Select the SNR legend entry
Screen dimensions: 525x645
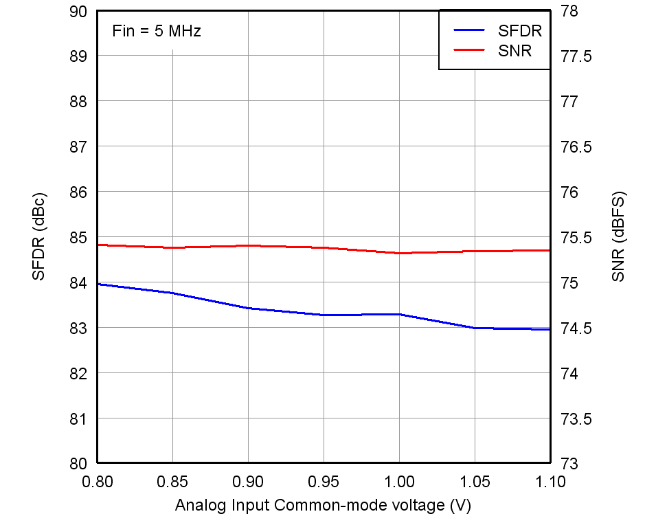514,51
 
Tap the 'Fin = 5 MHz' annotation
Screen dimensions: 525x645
156,31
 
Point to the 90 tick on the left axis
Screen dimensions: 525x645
79,12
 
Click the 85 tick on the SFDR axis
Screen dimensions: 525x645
79,238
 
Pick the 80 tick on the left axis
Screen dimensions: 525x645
79,464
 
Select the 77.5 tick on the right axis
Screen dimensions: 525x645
576,56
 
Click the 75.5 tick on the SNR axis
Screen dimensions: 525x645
576,238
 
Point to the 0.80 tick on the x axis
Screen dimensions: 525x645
98,482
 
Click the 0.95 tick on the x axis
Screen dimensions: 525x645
324,482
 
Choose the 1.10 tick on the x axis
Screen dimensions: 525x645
550,482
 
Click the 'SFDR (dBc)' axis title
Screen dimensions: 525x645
38,237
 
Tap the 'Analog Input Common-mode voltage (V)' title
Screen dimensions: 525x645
323,506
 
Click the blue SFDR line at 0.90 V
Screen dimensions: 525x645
248,309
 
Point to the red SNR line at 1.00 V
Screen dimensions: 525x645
399,253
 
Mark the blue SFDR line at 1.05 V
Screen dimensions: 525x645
475,328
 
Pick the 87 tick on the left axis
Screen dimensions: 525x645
79,147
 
